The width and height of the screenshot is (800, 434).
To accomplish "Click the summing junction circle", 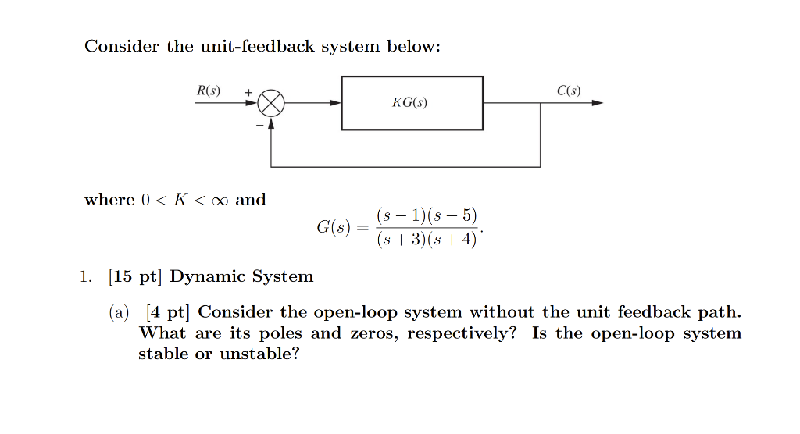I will (271, 103).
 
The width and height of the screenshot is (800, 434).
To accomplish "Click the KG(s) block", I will (412, 103).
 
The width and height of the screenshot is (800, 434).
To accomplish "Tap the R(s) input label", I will (209, 91).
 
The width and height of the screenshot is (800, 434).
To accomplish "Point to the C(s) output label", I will (569, 91).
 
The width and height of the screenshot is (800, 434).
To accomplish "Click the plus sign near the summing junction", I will (248, 92).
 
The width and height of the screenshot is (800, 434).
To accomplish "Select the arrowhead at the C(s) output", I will (598, 103).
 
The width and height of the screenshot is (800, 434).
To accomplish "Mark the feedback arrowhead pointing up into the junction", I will (271, 123).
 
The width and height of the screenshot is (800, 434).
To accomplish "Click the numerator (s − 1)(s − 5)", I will (426, 215).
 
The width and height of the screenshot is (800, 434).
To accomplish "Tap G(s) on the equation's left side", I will (334, 228).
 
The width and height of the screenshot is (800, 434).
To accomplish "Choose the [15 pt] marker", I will (135, 276).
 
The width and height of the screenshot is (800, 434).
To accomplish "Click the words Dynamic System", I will (241, 276).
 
